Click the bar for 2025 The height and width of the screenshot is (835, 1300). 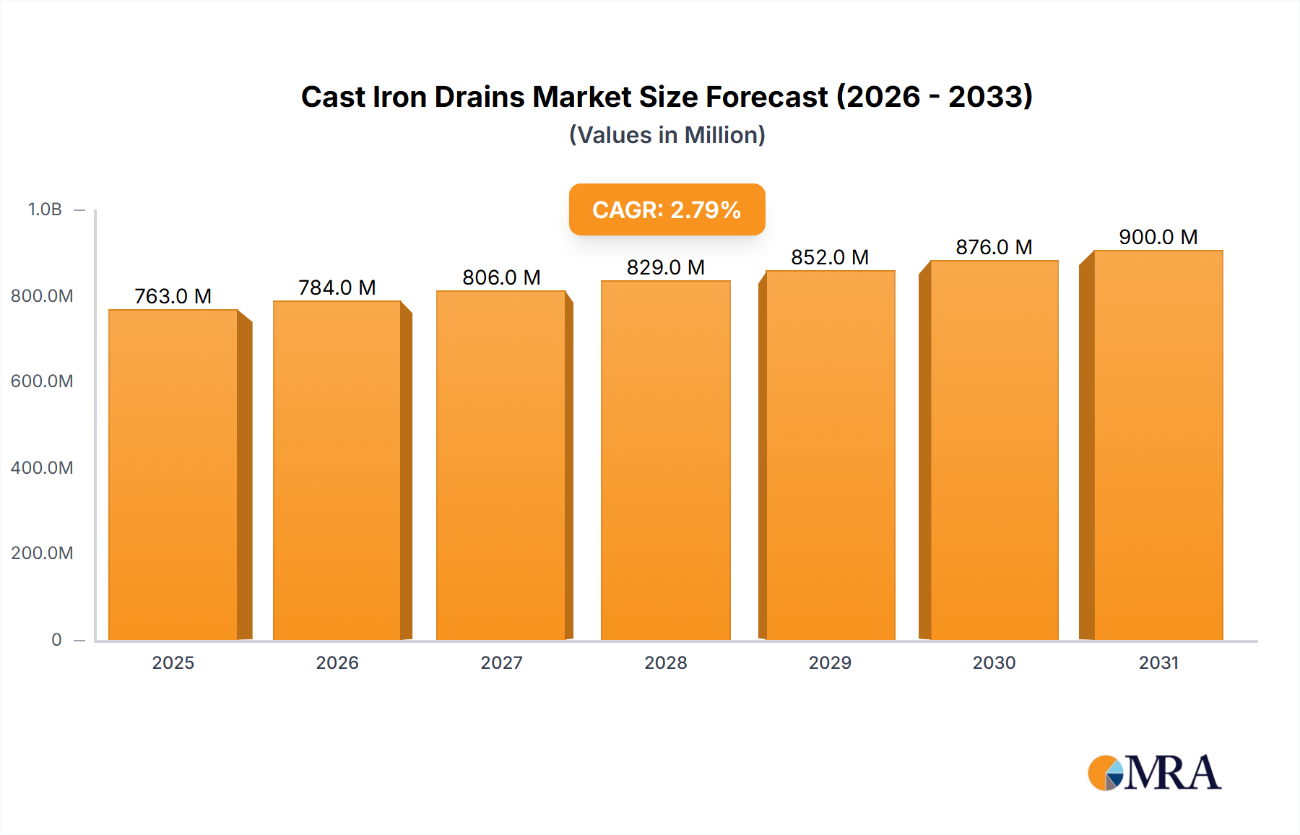pyautogui.click(x=173, y=475)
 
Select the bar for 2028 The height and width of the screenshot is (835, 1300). pyautogui.click(x=665, y=460)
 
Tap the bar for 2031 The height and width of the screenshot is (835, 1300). pyautogui.click(x=1158, y=445)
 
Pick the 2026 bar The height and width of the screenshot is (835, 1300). pyautogui.click(x=337, y=470)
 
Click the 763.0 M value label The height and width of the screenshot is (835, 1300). pyautogui.click(x=173, y=296)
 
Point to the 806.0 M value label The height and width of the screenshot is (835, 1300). pyautogui.click(x=501, y=277)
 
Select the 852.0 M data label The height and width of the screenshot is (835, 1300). pyautogui.click(x=829, y=257)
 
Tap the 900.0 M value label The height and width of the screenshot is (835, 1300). pyautogui.click(x=1158, y=237)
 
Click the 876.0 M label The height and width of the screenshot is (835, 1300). pyautogui.click(x=994, y=247)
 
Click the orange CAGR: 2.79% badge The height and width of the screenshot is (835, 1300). pyautogui.click(x=667, y=209)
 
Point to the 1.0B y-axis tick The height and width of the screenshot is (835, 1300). pyautogui.click(x=45, y=209)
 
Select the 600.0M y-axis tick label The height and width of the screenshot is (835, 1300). pyautogui.click(x=42, y=381)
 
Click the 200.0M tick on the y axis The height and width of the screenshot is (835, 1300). pyautogui.click(x=42, y=553)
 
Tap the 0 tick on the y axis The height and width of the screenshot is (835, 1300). pyautogui.click(x=56, y=639)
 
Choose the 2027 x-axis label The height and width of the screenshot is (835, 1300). pyautogui.click(x=501, y=662)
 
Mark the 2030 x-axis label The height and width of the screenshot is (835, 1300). pyautogui.click(x=994, y=662)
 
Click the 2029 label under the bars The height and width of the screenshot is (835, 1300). pyautogui.click(x=830, y=662)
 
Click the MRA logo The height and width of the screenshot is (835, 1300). pyautogui.click(x=1154, y=773)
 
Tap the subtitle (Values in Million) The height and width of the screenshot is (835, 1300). pyautogui.click(x=667, y=135)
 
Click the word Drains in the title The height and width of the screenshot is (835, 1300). pyautogui.click(x=480, y=97)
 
